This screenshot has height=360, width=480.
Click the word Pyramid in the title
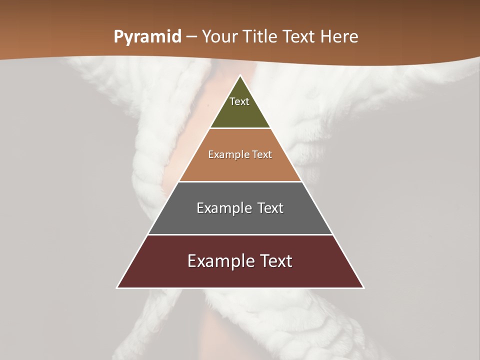[x=147, y=37]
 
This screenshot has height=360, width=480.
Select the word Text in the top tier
[x=239, y=101]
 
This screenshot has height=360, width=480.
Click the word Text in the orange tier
[x=262, y=154]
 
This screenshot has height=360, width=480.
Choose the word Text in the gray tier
[x=270, y=208]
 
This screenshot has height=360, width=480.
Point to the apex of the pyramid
[x=240, y=76]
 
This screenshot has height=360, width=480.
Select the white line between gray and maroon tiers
[x=240, y=234]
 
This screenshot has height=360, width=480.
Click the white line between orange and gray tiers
[x=240, y=181]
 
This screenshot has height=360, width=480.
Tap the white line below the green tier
[x=240, y=128]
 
